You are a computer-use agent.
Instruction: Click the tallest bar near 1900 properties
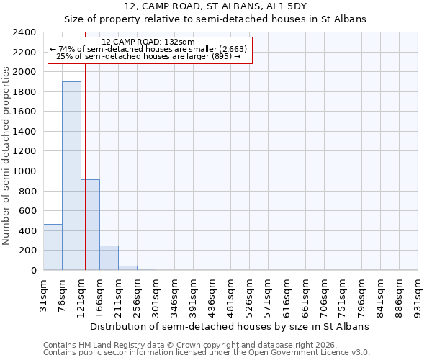coord(71,176)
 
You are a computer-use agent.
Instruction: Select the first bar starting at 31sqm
coord(53,247)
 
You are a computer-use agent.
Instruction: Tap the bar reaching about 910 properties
coord(90,225)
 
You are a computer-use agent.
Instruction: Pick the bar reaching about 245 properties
coord(109,258)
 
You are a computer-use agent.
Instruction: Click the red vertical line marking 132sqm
coord(85,158)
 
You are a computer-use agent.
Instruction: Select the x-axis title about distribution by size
coord(230,326)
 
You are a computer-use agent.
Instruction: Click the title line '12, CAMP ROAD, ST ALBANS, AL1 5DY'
coord(215,6)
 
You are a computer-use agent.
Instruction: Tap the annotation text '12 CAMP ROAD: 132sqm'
coord(148,42)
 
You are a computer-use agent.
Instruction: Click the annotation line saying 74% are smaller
coord(148,49)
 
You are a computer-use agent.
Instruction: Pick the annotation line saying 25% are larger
coord(148,56)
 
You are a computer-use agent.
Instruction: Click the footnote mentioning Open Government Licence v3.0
coord(206,352)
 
